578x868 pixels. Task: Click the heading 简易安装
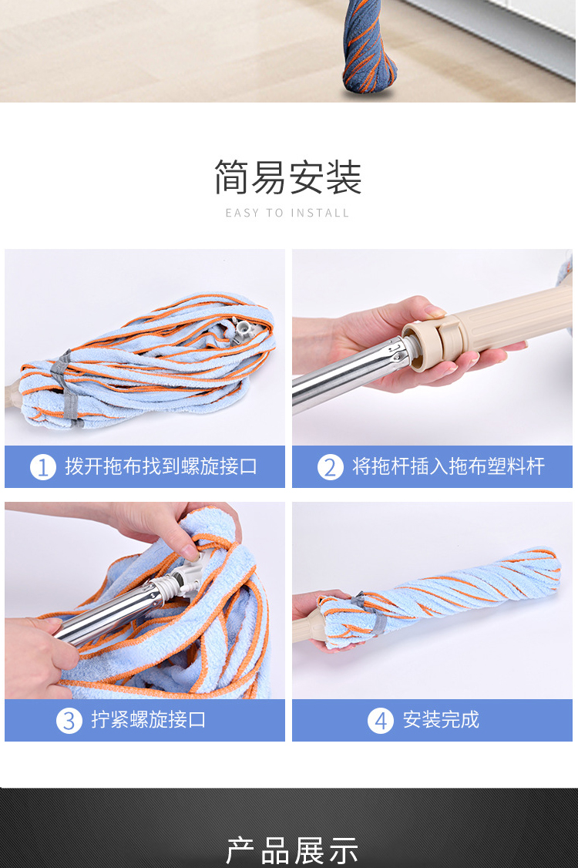pos(288,177)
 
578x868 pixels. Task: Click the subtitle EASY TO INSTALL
pos(287,213)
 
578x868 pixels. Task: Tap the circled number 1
pos(43,467)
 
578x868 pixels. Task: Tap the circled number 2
pos(331,467)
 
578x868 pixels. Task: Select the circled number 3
pos(69,721)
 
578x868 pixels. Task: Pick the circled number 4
pos(381,721)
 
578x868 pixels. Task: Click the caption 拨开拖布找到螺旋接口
pos(161,466)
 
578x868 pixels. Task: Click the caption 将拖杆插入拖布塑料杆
pos(449,466)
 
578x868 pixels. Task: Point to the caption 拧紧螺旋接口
pos(149,720)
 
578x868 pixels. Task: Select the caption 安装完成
pos(441,720)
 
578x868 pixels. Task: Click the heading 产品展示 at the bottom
pos(291,849)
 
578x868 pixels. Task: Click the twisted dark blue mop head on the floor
pos(368,47)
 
